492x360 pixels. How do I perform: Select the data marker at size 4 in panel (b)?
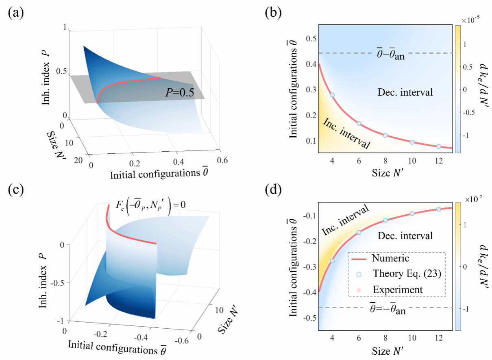coord(332,95)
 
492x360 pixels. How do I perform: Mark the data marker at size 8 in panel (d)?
coord(385,220)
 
